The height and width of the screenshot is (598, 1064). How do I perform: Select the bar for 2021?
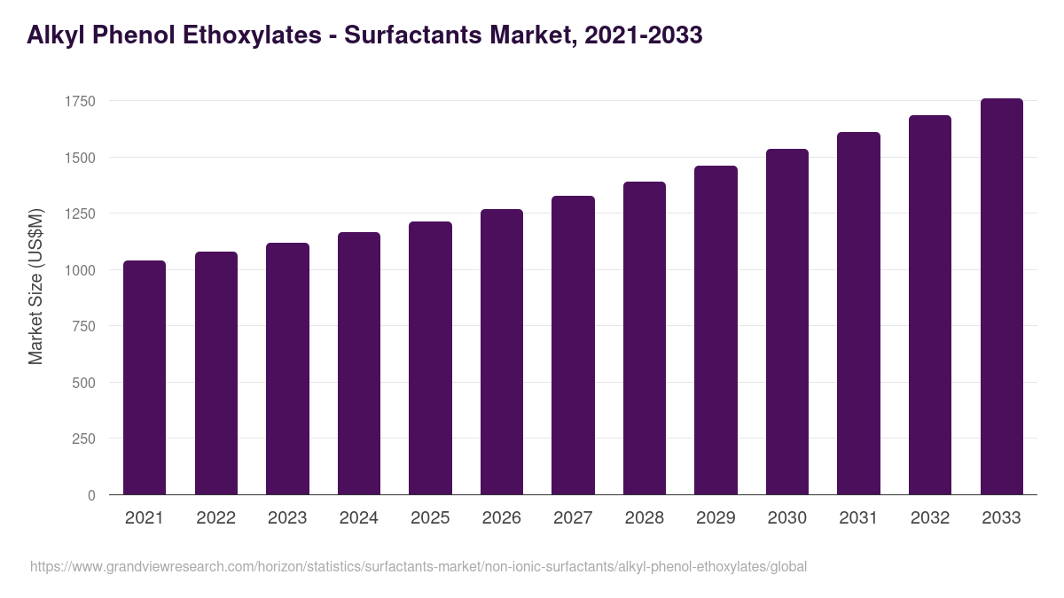click(145, 377)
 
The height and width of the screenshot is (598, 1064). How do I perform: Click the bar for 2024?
click(359, 363)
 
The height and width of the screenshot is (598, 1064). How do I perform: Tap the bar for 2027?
click(573, 346)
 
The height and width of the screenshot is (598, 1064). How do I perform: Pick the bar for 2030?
click(787, 322)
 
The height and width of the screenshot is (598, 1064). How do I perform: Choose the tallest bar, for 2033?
click(1001, 297)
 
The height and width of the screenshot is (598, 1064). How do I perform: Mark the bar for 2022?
click(216, 373)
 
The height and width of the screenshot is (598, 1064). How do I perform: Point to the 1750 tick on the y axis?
click(80, 102)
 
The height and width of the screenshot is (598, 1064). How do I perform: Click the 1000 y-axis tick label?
click(80, 270)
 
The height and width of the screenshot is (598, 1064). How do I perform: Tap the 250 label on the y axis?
click(84, 439)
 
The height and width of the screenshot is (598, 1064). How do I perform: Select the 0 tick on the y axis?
click(91, 495)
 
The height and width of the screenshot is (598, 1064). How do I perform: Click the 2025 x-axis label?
click(430, 518)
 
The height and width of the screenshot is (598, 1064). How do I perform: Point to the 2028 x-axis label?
click(645, 518)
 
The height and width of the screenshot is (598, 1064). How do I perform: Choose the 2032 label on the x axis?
click(930, 518)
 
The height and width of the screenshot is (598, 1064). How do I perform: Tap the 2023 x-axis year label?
click(287, 518)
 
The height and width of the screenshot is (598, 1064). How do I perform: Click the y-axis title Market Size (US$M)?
click(36, 286)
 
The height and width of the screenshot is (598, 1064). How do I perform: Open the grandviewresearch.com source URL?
click(419, 566)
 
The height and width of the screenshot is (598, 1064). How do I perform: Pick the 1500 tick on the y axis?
click(80, 158)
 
